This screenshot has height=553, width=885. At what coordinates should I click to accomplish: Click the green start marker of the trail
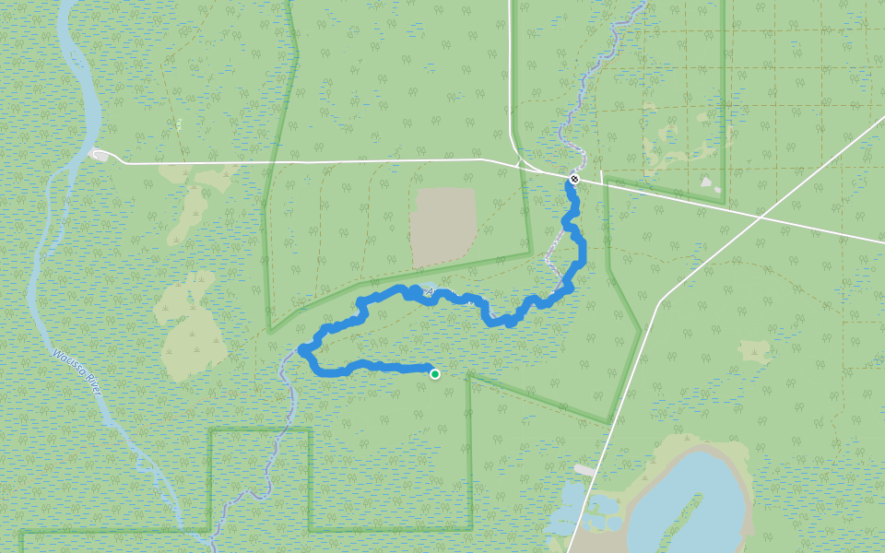click(x=435, y=373)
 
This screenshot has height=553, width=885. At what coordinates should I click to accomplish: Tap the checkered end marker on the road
click(x=574, y=179)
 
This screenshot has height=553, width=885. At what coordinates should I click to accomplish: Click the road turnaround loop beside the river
click(x=99, y=155)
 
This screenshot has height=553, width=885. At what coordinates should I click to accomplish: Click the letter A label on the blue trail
click(x=430, y=292)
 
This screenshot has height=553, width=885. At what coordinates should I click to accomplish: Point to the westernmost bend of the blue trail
click(x=303, y=349)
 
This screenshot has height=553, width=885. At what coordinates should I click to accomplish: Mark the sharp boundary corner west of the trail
click(x=270, y=330)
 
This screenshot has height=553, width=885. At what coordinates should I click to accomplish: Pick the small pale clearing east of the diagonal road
click(x=754, y=350)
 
